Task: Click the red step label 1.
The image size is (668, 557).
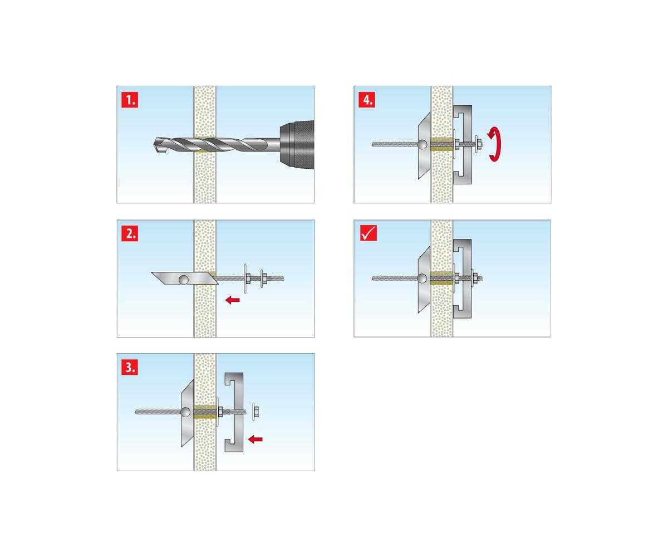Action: pyautogui.click(x=130, y=100)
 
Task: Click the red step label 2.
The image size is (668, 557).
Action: pyautogui.click(x=130, y=233)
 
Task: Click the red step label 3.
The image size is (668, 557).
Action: pyautogui.click(x=130, y=367)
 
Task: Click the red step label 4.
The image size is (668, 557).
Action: pyautogui.click(x=367, y=100)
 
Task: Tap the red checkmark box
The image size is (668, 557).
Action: pyautogui.click(x=368, y=233)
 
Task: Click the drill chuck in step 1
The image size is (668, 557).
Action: pyautogui.click(x=297, y=145)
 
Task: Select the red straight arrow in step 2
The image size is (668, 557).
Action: pyautogui.click(x=233, y=300)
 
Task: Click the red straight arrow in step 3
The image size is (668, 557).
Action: pyautogui.click(x=256, y=439)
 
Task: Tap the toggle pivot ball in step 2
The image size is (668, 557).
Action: pyautogui.click(x=184, y=280)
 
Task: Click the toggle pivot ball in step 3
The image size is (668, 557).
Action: pyautogui.click(x=185, y=412)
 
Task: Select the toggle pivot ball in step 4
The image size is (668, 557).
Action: pyautogui.click(x=423, y=144)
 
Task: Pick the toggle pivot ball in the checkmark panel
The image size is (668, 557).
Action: pyautogui.click(x=423, y=278)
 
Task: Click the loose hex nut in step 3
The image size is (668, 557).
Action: pyautogui.click(x=256, y=411)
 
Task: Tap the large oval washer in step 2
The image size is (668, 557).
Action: pyautogui.click(x=245, y=278)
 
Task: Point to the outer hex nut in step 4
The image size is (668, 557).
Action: pyautogui.click(x=479, y=144)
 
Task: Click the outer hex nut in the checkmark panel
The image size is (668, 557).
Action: pyautogui.click(x=475, y=278)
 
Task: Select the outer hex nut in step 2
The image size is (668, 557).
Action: pyautogui.click(x=264, y=278)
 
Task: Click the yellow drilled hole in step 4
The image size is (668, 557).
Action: pyautogui.click(x=442, y=144)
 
